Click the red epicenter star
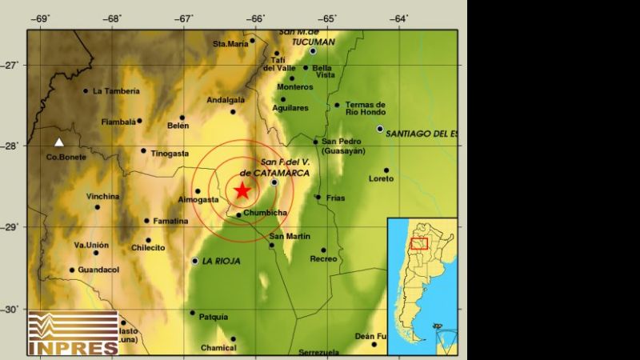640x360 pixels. pyautogui.click(x=242, y=190)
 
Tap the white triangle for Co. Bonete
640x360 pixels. pyautogui.click(x=58, y=142)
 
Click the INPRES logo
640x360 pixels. pyautogui.click(x=73, y=332)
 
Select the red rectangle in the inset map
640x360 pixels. pyautogui.click(x=419, y=243)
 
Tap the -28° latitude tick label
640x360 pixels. pyautogui.click(x=14, y=146)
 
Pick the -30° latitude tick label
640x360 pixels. pyautogui.click(x=14, y=310)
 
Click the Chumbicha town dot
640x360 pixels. pyautogui.click(x=238, y=214)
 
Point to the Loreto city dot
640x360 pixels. pyautogui.click(x=386, y=170)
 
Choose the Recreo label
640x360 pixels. pyautogui.click(x=323, y=259)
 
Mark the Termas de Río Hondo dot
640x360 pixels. pyautogui.click(x=337, y=105)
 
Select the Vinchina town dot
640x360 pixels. pyautogui.click(x=98, y=207)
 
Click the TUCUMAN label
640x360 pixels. pyautogui.click(x=306, y=40)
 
